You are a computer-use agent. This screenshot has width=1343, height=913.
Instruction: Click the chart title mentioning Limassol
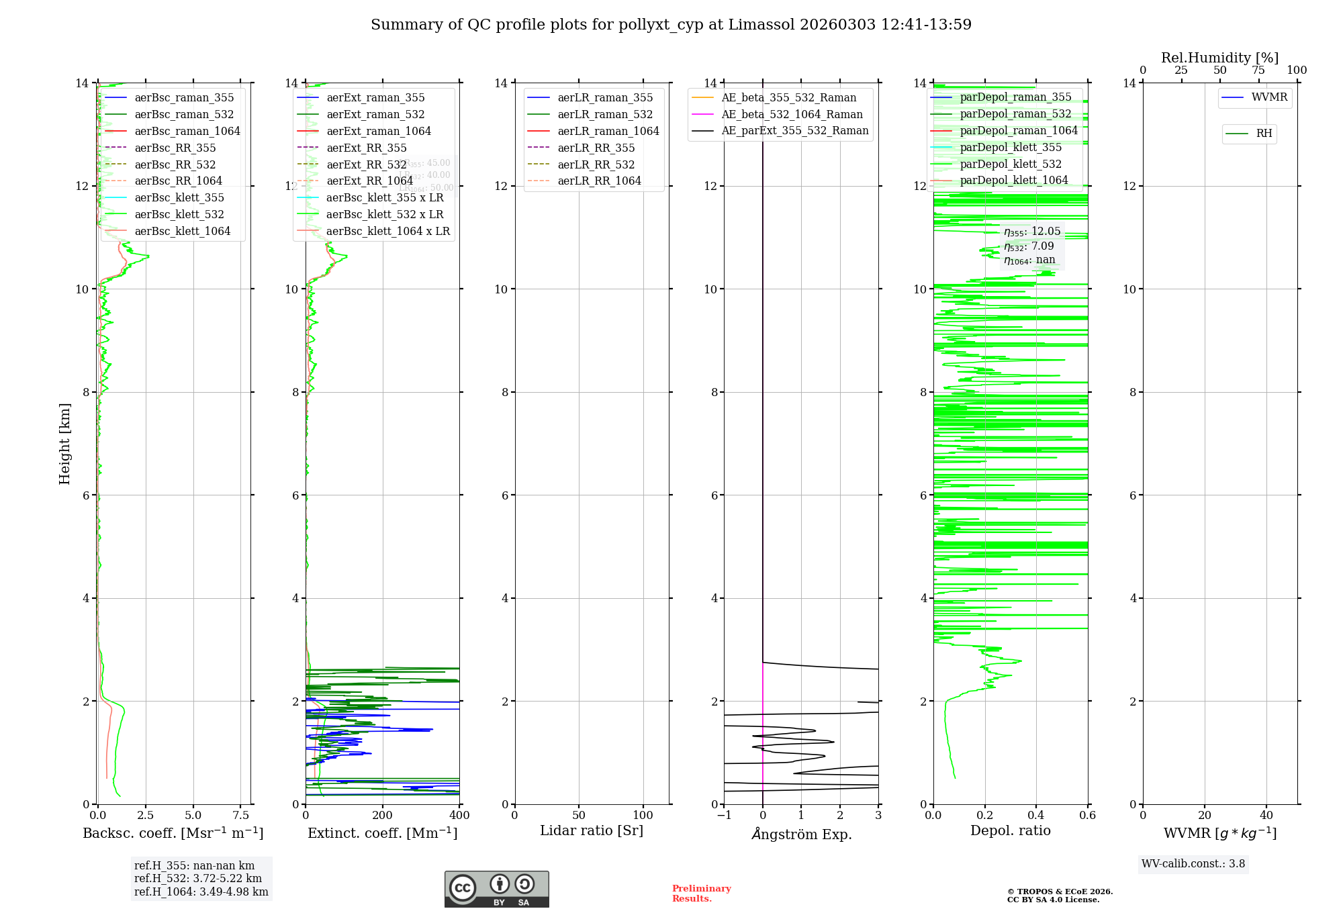click(x=671, y=25)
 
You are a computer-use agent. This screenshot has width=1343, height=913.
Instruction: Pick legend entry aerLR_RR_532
click(x=596, y=164)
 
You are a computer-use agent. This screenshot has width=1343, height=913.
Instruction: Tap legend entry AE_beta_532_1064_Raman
click(x=792, y=114)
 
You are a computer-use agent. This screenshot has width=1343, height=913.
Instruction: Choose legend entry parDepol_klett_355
click(x=1011, y=147)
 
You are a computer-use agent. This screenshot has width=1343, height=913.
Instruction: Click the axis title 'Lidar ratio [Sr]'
click(x=592, y=830)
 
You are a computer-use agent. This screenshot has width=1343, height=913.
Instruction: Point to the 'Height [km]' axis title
click(x=64, y=443)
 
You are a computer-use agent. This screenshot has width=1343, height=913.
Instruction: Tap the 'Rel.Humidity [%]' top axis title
click(x=1219, y=58)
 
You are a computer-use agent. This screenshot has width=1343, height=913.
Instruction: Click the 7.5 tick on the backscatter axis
click(x=241, y=816)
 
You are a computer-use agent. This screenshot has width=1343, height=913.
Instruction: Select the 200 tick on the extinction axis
click(x=383, y=816)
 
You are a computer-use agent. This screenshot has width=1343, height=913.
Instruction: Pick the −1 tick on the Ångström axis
click(x=724, y=816)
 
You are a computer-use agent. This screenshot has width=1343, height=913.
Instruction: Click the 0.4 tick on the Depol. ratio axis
click(x=1036, y=816)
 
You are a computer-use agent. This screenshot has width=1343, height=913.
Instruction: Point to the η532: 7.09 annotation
click(x=1029, y=246)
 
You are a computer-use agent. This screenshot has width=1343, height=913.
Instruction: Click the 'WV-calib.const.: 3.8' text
click(x=1193, y=864)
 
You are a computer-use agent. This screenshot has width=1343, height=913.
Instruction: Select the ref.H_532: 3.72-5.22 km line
click(x=198, y=879)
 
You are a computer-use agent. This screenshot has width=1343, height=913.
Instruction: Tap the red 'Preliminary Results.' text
click(x=701, y=894)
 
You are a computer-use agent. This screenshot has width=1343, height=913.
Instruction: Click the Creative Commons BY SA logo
click(x=496, y=890)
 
